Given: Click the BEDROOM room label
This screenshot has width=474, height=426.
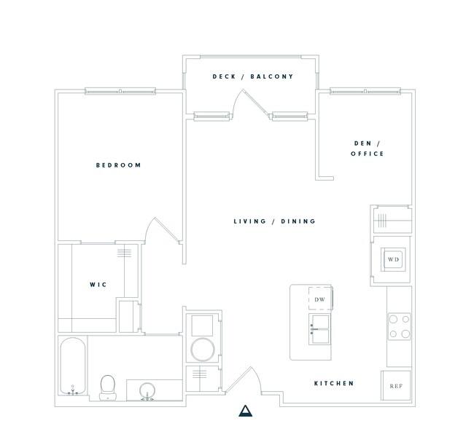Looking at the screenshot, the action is [x=118, y=165].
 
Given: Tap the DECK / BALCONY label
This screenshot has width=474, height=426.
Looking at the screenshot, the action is [x=253, y=76].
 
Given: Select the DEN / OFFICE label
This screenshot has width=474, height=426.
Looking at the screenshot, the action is [x=368, y=149].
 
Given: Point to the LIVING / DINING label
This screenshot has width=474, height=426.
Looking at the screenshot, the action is [x=274, y=221].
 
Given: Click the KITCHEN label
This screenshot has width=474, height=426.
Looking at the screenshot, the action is [x=334, y=383].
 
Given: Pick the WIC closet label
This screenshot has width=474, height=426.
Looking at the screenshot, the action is [x=98, y=285].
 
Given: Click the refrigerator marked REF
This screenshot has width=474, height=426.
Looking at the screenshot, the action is [x=396, y=385].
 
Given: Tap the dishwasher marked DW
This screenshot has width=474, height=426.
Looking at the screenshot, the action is [x=320, y=299].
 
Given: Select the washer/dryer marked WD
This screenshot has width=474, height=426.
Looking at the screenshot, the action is [x=393, y=259].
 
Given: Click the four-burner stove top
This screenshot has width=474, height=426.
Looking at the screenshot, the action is [x=400, y=326].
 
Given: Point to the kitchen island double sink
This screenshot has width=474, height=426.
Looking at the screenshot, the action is [x=319, y=328].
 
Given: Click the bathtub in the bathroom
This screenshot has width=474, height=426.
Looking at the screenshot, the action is [x=73, y=366].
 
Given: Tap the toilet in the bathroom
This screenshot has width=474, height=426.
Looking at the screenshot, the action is [x=108, y=387].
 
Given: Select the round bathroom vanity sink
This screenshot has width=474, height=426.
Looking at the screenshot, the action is [x=147, y=392].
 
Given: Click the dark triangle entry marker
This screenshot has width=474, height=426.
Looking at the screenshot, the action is [x=245, y=411].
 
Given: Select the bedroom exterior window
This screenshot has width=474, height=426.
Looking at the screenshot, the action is [x=120, y=91].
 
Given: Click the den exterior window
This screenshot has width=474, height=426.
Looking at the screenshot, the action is [x=365, y=91].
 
